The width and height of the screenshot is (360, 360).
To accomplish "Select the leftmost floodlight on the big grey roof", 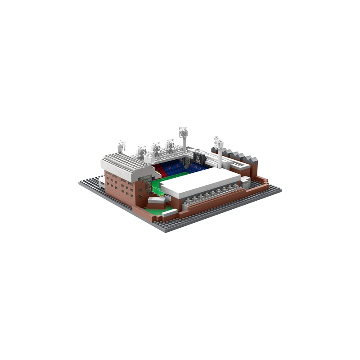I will (x=121, y=146).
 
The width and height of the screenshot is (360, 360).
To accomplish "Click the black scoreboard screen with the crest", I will (x=198, y=157).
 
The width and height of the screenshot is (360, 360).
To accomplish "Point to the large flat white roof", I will (x=205, y=182).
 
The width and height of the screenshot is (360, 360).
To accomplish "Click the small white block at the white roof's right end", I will (x=245, y=181).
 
